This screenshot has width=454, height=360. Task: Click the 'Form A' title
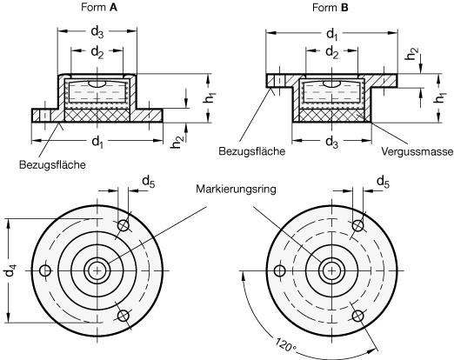click(x=99, y=8)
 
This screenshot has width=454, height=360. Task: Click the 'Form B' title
click(x=330, y=8)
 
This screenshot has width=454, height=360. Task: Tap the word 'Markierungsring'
click(x=236, y=190)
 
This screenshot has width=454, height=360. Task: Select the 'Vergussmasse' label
click(x=417, y=151)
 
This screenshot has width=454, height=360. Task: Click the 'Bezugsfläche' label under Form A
click(x=52, y=164)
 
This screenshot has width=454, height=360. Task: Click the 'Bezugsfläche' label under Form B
click(x=252, y=151)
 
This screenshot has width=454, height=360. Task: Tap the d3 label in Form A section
click(x=97, y=31)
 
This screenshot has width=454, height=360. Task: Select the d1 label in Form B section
click(x=332, y=34)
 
